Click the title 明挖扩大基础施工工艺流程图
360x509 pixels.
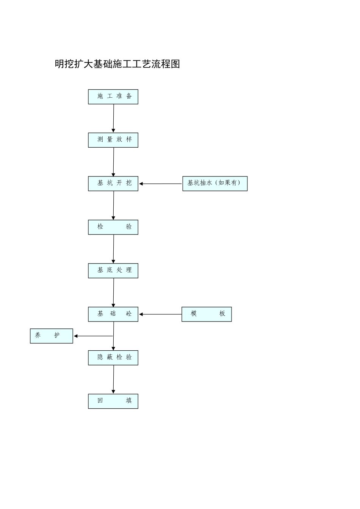(117, 64)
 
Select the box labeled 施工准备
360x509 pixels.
(113, 97)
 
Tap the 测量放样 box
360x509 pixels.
(113, 140)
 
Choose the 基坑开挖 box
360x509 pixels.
(113, 184)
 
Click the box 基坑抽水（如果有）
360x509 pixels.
(215, 184)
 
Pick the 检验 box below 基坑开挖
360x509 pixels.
(113, 227)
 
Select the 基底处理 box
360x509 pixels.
(113, 271)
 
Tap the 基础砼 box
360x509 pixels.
(113, 314)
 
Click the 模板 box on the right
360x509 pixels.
(207, 314)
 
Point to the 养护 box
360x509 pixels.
(52, 336)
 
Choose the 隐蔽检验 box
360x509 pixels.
(113, 358)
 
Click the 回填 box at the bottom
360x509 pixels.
(113, 401)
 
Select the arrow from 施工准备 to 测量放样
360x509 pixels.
(113, 118)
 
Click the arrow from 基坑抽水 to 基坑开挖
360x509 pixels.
(160, 184)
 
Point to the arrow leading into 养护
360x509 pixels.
(93, 336)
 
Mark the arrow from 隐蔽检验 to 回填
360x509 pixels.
(113, 379)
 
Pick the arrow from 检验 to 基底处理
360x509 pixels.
(113, 249)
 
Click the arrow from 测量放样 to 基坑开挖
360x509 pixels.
(113, 162)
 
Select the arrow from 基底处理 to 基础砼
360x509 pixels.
(113, 292)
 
